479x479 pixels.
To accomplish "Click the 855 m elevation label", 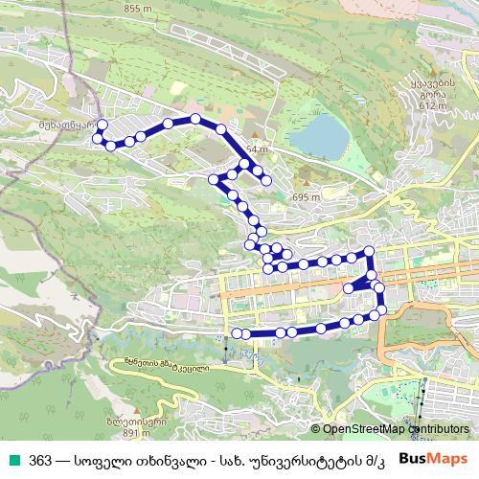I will (x=138, y=8).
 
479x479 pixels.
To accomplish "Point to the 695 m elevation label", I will (x=305, y=196).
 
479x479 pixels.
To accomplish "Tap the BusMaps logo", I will (x=434, y=459).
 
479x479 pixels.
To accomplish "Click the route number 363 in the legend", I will (x=40, y=459).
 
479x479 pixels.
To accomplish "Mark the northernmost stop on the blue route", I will (x=195, y=119).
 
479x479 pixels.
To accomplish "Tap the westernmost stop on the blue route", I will (x=96, y=139).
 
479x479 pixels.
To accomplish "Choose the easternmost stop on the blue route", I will (x=382, y=308).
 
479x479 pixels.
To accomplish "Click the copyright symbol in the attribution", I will (x=316, y=430).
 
